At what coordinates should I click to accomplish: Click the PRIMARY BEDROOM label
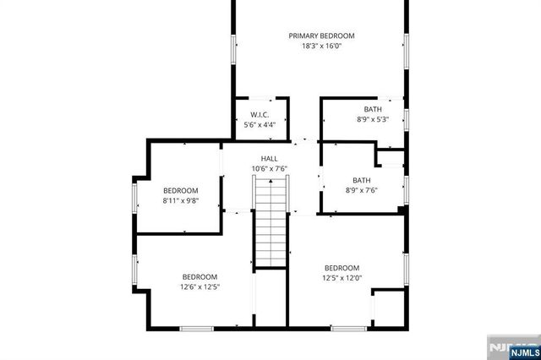click(321, 35)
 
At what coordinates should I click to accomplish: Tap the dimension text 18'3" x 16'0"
click(321, 46)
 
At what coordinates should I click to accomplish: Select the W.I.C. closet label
click(260, 115)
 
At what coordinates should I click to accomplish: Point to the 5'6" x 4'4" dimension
click(260, 125)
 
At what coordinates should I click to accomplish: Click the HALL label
click(269, 158)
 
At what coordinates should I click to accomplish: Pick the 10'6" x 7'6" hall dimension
click(269, 168)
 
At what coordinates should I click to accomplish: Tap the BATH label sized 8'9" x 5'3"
click(373, 109)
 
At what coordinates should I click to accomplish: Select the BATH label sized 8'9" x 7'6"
click(362, 179)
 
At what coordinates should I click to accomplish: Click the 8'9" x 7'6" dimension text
click(362, 190)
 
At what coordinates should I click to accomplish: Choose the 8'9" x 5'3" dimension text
click(373, 120)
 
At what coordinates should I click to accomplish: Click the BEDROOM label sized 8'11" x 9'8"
click(180, 190)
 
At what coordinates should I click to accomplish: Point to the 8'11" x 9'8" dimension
click(180, 201)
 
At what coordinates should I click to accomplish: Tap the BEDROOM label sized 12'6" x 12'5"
click(200, 276)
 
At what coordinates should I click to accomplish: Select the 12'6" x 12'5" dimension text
click(200, 287)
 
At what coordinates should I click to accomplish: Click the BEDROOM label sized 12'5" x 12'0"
click(342, 267)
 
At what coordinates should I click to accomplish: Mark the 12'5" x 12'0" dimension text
click(342, 278)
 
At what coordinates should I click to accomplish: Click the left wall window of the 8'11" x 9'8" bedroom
click(134, 197)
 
